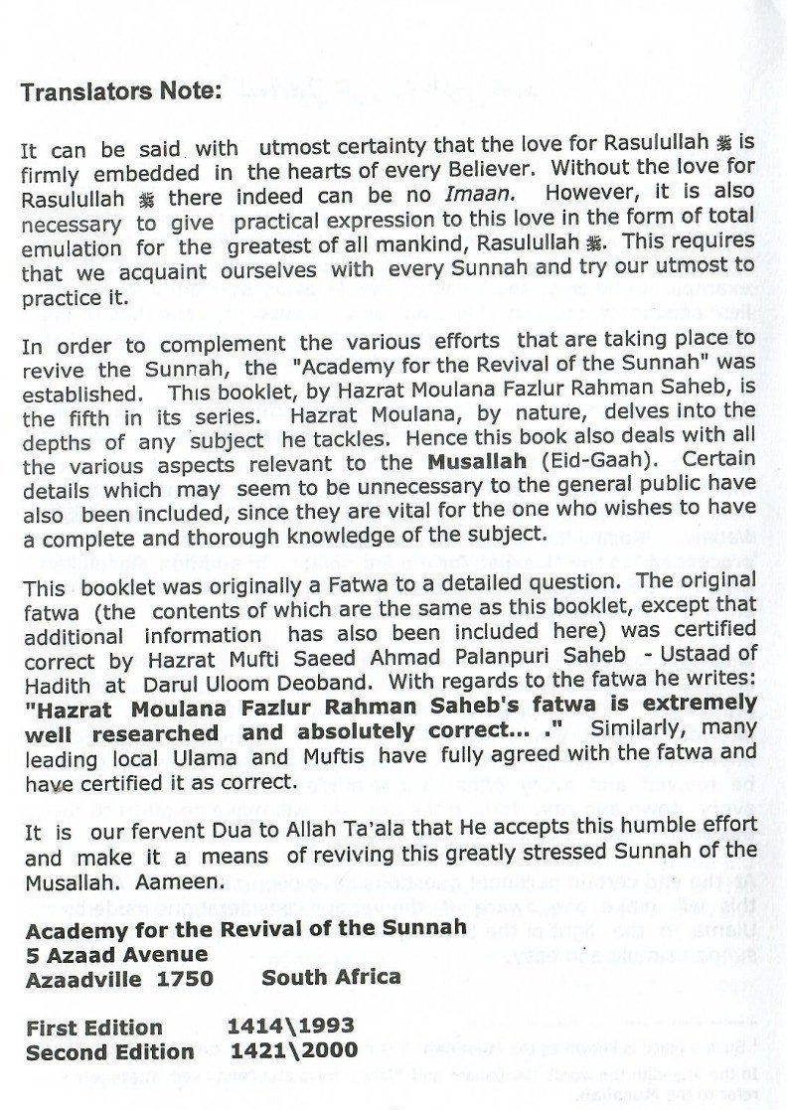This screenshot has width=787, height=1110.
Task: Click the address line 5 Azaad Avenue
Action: (x=117, y=954)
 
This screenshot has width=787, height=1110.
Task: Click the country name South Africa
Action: (x=331, y=978)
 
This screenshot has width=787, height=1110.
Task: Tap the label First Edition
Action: (x=93, y=1028)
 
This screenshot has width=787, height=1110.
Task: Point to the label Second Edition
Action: (x=109, y=1051)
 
